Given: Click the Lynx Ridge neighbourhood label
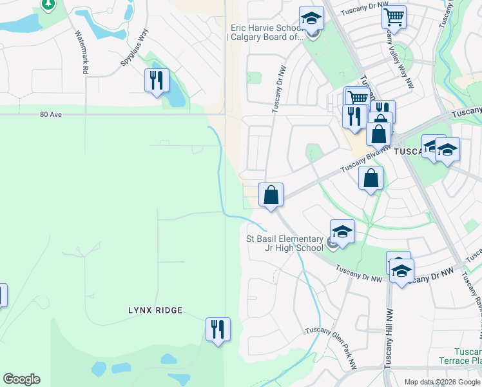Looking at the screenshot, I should coord(155,310).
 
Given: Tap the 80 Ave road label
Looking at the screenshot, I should coord(50,114).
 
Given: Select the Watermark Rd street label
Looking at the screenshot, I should coord(81,52).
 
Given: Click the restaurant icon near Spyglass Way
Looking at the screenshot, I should coord(157,81).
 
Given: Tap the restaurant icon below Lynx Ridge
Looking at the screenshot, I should coord(218,329).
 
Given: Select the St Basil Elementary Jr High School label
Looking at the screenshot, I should coord(285,243).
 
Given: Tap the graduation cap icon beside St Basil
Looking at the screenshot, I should coord(342,232).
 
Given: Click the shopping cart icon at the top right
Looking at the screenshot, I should coord(394,17).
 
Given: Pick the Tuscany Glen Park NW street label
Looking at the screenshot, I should coord(331,336).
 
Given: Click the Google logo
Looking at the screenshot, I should coord(21,379).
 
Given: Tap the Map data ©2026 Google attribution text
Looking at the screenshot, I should coord(441,382).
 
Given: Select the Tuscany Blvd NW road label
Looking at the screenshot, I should coord(365,157).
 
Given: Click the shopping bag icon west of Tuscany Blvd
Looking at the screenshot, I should coord(271,195).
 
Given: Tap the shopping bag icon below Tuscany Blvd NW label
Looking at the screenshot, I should coord(371,179).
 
